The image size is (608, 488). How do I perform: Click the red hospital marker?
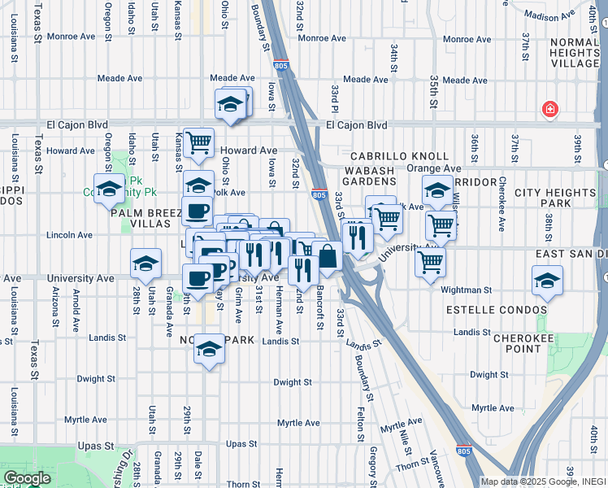click(x=550, y=109)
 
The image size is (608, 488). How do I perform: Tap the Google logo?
click(x=27, y=478)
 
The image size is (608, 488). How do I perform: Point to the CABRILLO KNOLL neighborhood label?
click(x=399, y=155)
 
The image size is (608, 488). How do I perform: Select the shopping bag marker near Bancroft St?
click(x=327, y=256)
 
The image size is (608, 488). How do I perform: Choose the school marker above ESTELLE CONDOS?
click(x=547, y=281)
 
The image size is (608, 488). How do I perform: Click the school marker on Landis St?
click(x=209, y=349)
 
